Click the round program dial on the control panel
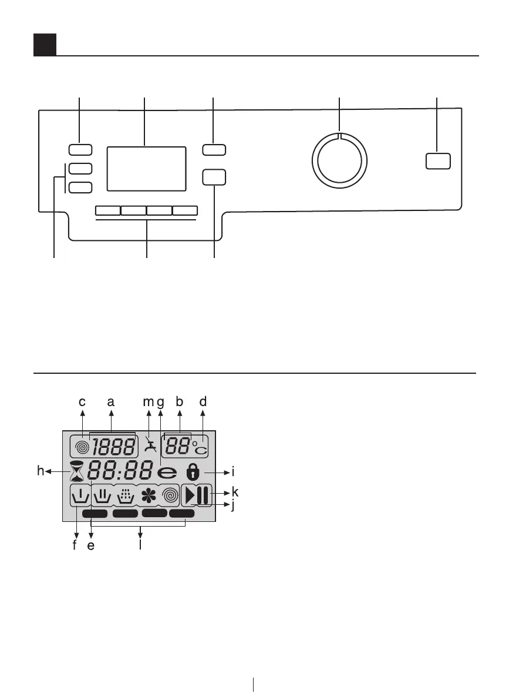tap(339, 160)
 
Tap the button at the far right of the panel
tap(438, 160)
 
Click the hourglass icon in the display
tap(77, 471)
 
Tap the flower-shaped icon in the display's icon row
tap(146, 497)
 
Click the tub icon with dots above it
tap(125, 497)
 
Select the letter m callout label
tap(147, 402)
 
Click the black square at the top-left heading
tap(45, 45)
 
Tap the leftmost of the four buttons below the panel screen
tap(107, 210)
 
